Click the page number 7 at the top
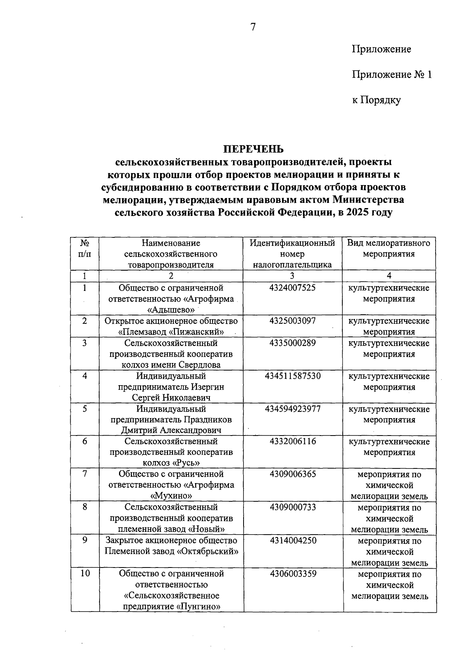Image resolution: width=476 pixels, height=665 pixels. pos(253,27)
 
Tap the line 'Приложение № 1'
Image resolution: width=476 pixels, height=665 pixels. pos(391,75)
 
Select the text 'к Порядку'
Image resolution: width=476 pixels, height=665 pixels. pos(376,100)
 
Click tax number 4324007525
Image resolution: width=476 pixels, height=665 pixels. pos(292,288)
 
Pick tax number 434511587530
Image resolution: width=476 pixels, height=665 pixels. pos(292,376)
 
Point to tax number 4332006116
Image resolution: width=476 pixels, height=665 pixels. pos(292,441)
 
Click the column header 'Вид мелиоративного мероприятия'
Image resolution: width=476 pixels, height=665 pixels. pos(389,248)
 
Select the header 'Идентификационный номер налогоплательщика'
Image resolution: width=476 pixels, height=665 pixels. pos(292,254)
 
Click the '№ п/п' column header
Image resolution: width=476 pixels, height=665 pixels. pos(84,248)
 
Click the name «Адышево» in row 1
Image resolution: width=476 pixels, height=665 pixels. pos(171,310)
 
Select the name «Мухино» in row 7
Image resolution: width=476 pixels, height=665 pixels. pos(171,496)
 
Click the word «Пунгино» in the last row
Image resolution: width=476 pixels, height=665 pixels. pos(198,606)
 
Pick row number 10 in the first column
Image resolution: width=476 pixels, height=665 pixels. pos(85,573)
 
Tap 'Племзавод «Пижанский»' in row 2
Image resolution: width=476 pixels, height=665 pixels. pos(171,332)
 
